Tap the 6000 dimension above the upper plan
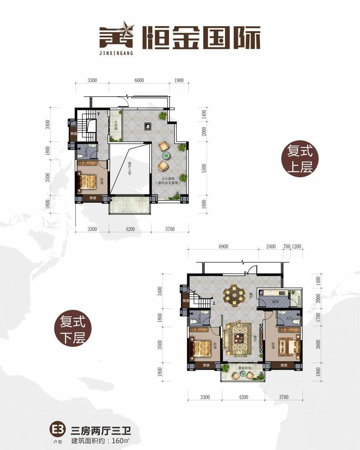[139, 80]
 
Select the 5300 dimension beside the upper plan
[204, 169]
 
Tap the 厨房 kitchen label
[275, 302]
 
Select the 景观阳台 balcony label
[245, 368]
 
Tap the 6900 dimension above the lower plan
[223, 247]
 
